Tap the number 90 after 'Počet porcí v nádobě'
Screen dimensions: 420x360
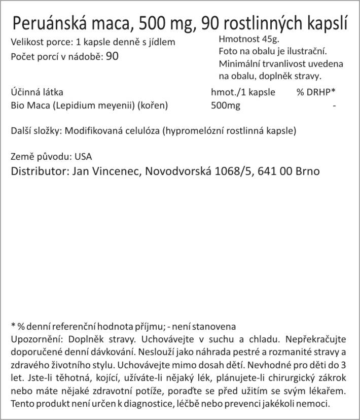(113, 56)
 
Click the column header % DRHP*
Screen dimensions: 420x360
(316, 92)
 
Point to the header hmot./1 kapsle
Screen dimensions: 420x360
(242, 92)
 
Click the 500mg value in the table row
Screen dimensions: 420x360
(225, 106)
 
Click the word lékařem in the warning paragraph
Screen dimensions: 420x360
(330, 391)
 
